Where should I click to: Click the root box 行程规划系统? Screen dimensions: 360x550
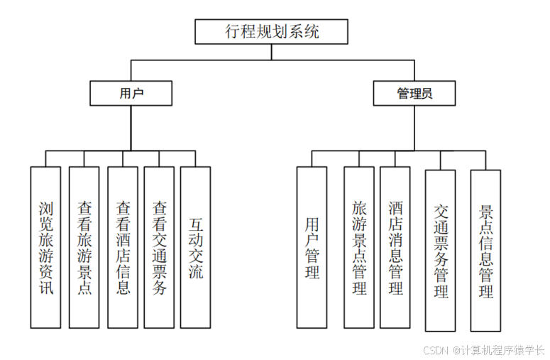(272, 32)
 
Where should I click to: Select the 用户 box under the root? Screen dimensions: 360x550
(131, 93)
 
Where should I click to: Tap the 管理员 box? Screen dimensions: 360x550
(414, 93)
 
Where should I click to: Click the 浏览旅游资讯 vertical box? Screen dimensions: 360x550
(46, 247)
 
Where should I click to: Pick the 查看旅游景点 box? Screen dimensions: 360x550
(84, 247)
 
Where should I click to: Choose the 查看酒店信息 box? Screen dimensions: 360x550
(123, 247)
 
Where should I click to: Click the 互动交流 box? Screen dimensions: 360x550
(195, 247)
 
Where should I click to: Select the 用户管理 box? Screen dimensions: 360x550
(312, 247)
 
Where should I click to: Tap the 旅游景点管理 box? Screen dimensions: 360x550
(359, 247)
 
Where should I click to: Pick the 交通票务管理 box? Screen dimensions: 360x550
(440, 251)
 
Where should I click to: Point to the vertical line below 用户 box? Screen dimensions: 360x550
(131, 128)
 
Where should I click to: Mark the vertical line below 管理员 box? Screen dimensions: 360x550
(414, 128)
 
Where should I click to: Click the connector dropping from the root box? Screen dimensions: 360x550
(272, 53)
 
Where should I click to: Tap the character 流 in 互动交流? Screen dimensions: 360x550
(195, 272)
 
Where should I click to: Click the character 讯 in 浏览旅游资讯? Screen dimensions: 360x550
(46, 289)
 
